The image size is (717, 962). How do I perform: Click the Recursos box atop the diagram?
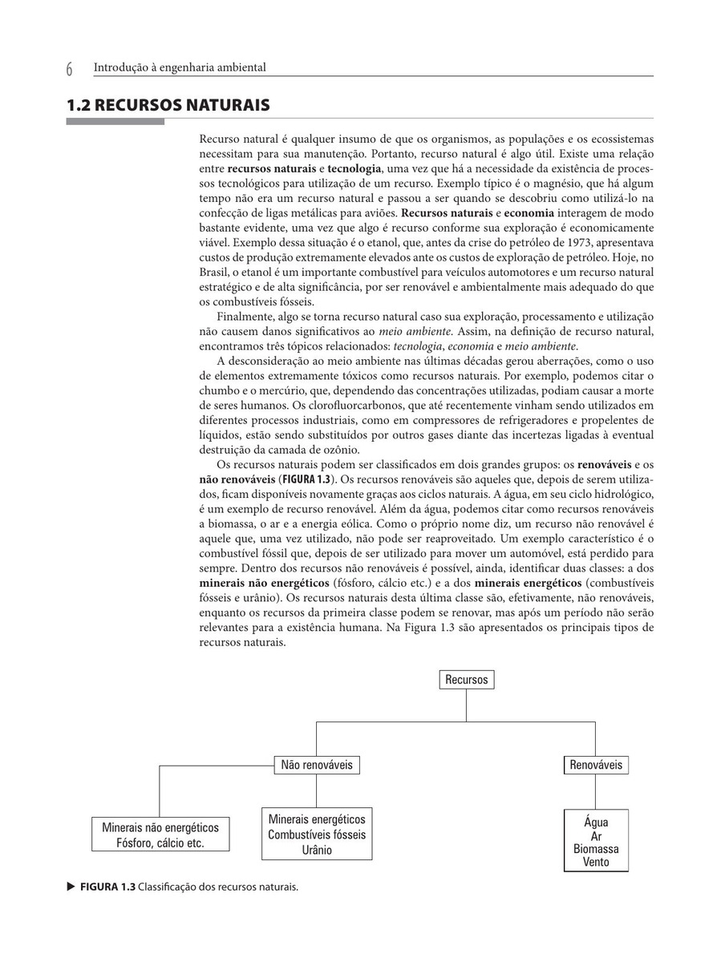466,680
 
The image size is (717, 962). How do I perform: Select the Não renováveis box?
316,765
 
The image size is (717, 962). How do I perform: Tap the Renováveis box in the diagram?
595,765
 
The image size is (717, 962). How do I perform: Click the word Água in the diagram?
596,822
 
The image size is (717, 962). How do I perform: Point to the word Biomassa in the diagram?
596,849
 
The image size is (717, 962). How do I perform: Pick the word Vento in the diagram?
596,863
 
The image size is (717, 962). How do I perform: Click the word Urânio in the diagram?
316,850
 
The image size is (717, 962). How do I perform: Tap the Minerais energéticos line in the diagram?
316,819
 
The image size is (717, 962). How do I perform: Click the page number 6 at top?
70,70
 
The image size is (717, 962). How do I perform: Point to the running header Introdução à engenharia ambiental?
180,68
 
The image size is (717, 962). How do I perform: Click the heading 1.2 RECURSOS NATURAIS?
168,105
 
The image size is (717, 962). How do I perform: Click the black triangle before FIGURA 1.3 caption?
71,887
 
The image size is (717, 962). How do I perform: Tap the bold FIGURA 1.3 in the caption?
107,887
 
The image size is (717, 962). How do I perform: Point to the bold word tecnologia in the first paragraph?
354,169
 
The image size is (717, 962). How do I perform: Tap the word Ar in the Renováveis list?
596,836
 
